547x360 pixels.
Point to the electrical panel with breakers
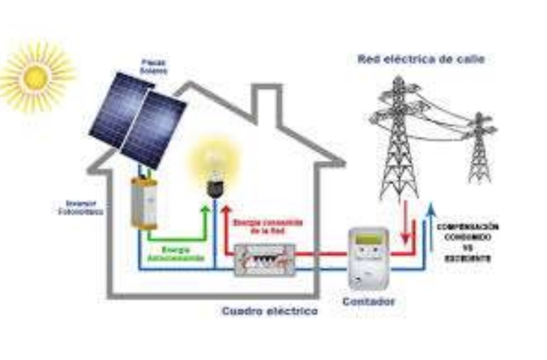[265, 260]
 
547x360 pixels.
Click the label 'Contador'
[368, 300]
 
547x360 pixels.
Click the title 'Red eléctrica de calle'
[421, 58]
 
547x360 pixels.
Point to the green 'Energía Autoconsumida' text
[183, 254]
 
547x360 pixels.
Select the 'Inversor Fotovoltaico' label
[84, 207]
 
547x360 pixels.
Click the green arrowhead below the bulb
[205, 209]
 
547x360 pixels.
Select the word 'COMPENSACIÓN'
[467, 227]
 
